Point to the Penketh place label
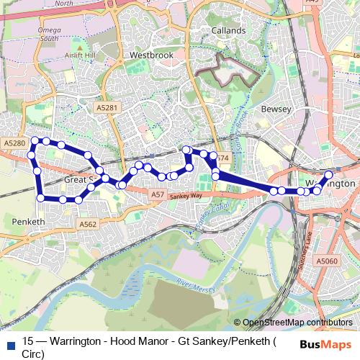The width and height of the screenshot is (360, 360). coord(29,220)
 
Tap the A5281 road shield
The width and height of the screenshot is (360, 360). coord(106,107)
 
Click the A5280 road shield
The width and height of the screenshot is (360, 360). coord(14,144)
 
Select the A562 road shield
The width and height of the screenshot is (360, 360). coord(88,225)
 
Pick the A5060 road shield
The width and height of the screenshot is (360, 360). coord(327,260)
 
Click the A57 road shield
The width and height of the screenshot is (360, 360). coord(158,195)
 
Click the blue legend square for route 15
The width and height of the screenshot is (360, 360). coord(9,341)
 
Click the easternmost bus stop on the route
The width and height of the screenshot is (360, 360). coord(329,175)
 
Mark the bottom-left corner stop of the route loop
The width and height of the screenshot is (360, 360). coord(41,198)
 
